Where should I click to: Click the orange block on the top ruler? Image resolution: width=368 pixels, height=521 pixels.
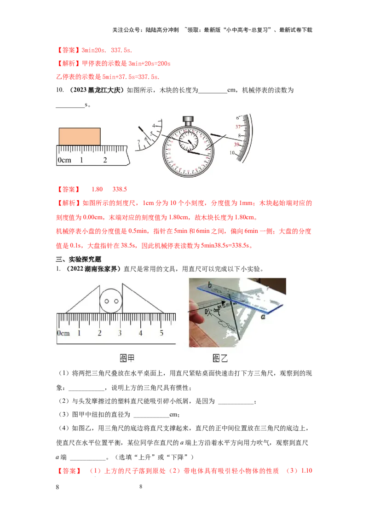(x=80, y=137)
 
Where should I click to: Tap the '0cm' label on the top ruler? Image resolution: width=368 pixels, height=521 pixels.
(x=64, y=160)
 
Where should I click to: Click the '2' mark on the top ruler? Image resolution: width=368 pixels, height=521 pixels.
(x=105, y=160)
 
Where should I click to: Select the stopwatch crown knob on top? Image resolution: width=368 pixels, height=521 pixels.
(x=188, y=121)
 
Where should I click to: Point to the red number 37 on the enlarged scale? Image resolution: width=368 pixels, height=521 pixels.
(x=238, y=127)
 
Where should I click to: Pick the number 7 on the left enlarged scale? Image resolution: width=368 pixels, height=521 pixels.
(x=138, y=142)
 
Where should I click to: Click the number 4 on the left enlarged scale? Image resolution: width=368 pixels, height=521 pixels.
(x=154, y=125)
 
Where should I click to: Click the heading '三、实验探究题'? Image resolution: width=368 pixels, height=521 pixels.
(x=79, y=260)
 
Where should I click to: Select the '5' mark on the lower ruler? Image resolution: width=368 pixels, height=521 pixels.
(x=161, y=333)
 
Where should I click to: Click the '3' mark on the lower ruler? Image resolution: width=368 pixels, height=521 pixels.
(x=120, y=333)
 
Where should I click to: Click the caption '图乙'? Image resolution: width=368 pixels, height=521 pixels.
(x=220, y=358)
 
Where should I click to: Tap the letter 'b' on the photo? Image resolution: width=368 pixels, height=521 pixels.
(x=210, y=285)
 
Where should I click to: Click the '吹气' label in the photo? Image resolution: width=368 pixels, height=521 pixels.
(x=213, y=312)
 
